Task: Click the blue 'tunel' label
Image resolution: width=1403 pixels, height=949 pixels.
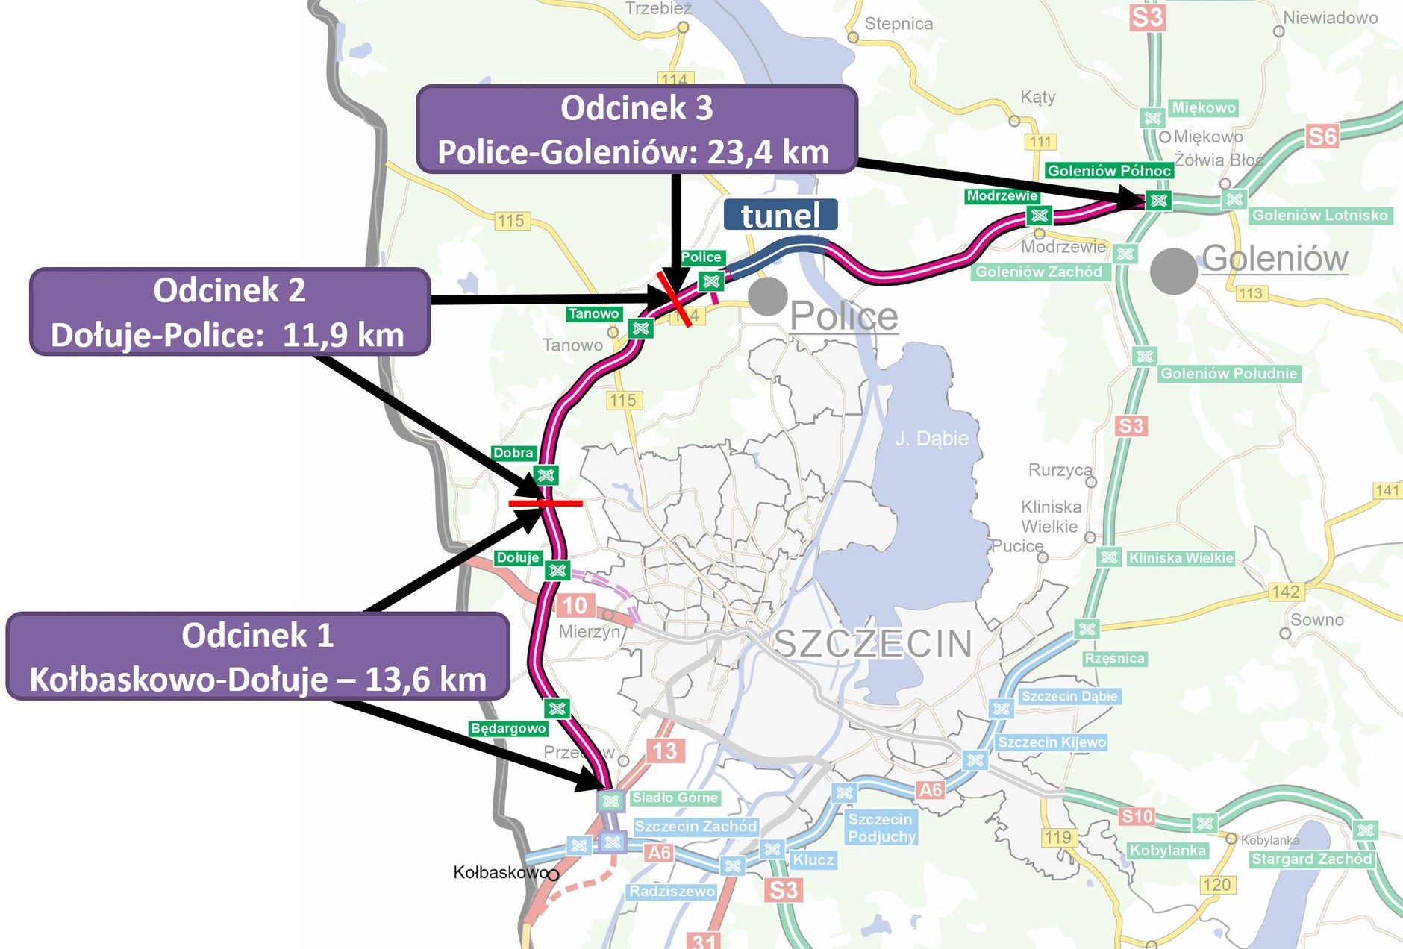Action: [781, 215]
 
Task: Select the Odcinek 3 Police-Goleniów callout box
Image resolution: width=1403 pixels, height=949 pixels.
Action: [636, 130]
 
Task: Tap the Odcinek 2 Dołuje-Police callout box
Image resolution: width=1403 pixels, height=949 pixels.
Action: [230, 312]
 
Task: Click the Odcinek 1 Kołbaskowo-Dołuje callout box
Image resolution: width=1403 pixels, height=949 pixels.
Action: [257, 657]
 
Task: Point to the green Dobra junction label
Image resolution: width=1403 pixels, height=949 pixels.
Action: [513, 453]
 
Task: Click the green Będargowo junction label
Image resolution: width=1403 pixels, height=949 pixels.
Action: [508, 728]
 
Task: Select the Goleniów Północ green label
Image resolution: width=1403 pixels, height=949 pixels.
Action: [1109, 171]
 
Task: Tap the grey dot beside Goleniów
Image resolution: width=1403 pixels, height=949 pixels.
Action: [1173, 271]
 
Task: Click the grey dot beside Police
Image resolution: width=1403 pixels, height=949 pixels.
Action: [767, 295]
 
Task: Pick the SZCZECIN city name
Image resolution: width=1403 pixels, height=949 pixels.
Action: [873, 643]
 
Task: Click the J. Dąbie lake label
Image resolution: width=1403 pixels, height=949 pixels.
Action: [931, 439]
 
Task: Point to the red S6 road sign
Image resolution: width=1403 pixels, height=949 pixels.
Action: [1322, 137]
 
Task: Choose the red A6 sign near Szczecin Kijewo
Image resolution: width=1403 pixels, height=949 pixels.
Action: [931, 789]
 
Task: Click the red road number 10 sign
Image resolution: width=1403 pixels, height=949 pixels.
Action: [575, 605]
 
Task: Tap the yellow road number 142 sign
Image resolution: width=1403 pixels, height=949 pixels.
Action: [1286, 592]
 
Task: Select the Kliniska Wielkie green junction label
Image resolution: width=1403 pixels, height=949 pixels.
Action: [1181, 558]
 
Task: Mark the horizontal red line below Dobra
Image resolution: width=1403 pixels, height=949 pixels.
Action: [546, 504]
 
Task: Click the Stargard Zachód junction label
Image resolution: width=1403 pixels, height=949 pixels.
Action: [1311, 859]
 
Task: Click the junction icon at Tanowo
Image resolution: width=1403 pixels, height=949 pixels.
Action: [640, 328]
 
